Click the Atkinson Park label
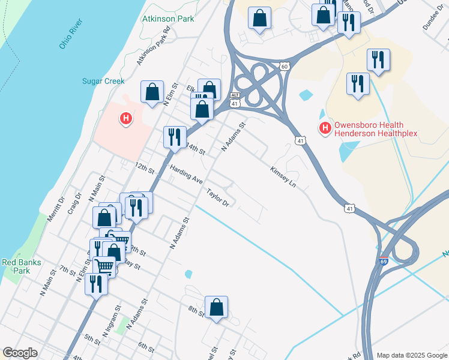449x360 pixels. pos(168,19)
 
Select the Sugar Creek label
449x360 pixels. pos(103,81)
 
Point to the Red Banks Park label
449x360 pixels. pos(16,266)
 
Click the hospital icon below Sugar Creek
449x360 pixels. pos(126,119)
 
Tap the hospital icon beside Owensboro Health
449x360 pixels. pos(325,127)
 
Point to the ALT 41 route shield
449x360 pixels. pos(236,100)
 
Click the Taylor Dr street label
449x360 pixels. pos(218,198)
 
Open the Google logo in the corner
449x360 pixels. pos(20,353)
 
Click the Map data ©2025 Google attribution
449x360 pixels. pos(412,355)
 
